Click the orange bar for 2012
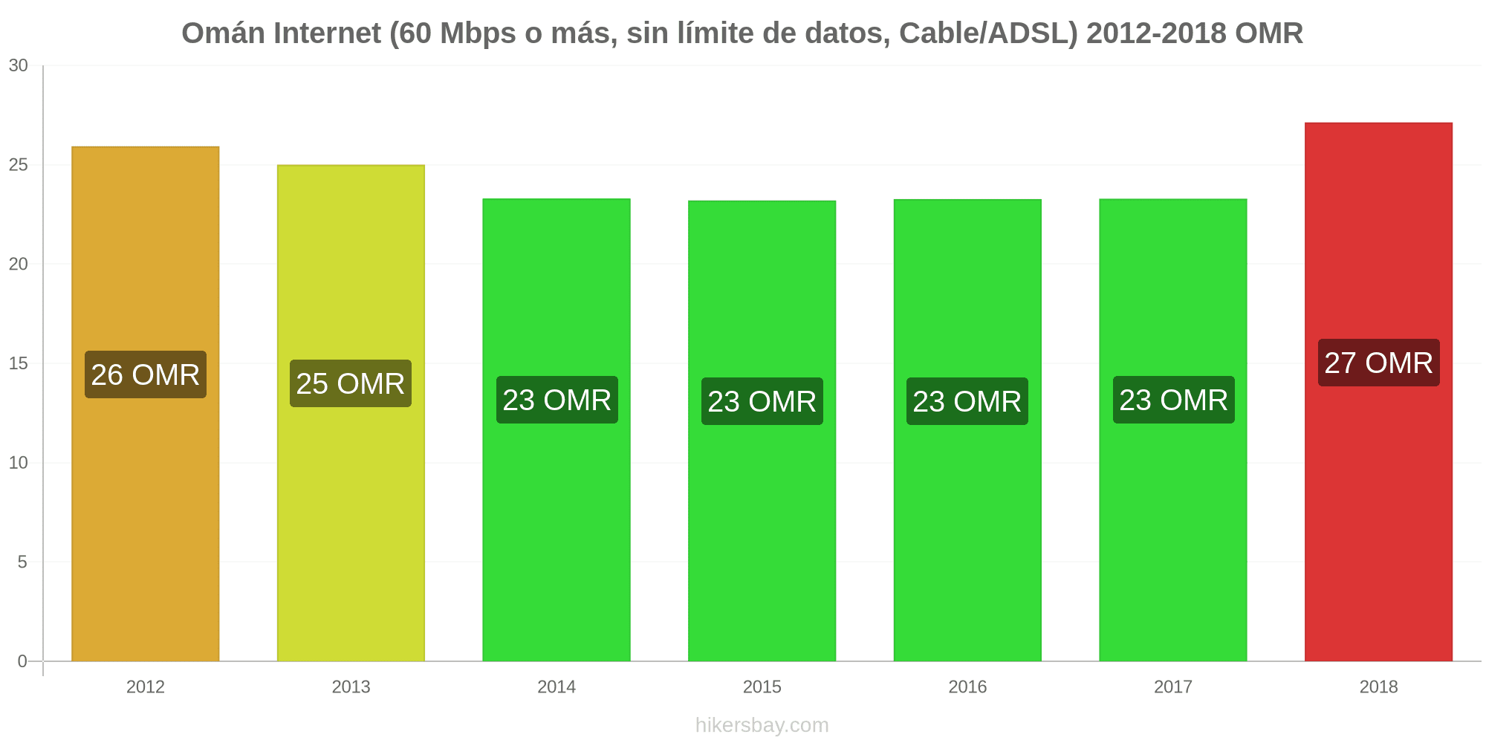pyautogui.click(x=146, y=403)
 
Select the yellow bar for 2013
pyautogui.click(x=351, y=413)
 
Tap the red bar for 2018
pyautogui.click(x=1378, y=392)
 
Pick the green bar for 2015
pyautogui.click(x=762, y=431)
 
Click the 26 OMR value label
pyautogui.click(x=146, y=374)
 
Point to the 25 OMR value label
pyautogui.click(x=351, y=383)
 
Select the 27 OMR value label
pyautogui.click(x=1379, y=363)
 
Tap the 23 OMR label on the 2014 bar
pyautogui.click(x=557, y=400)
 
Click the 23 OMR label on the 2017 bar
pyautogui.click(x=1174, y=400)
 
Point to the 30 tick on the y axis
pyautogui.click(x=19, y=65)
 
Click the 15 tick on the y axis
pyautogui.click(x=19, y=363)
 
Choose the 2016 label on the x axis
pyautogui.click(x=967, y=687)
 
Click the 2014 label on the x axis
pyautogui.click(x=557, y=687)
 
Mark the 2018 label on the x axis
pyautogui.click(x=1378, y=687)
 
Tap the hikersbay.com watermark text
pyautogui.click(x=762, y=725)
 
